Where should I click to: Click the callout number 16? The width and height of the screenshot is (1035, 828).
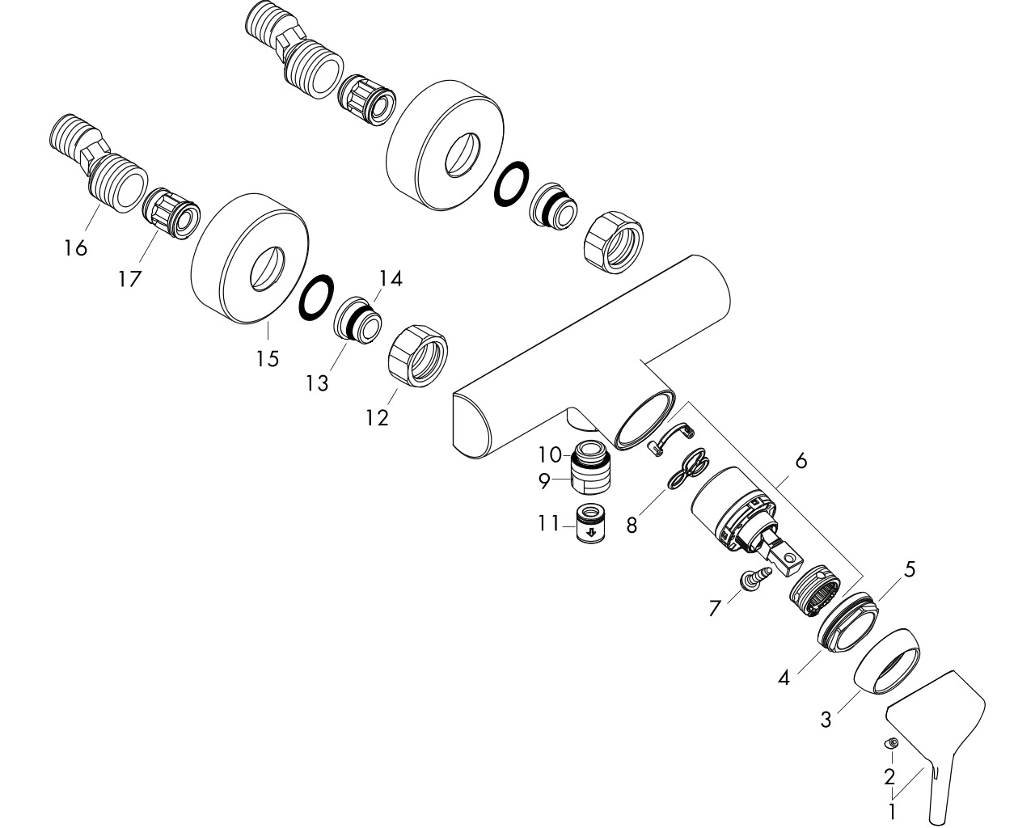76,247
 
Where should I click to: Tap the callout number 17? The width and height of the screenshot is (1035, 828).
130,279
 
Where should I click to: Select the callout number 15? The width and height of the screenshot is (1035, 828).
268,358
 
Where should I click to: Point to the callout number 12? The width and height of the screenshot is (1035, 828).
377,417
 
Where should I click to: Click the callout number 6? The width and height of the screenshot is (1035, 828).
801,461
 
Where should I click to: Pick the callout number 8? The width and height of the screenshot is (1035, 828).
632,526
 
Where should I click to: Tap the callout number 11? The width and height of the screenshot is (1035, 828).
549,523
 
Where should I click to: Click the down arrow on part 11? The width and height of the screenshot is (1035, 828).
592,532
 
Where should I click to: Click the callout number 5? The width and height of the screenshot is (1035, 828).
909,569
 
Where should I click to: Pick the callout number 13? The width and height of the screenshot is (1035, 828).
318,383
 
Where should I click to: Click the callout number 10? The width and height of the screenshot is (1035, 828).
550,454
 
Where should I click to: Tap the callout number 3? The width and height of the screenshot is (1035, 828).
826,720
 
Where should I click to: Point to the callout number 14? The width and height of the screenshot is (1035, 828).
391,279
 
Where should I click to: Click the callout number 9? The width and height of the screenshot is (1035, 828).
544,481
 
